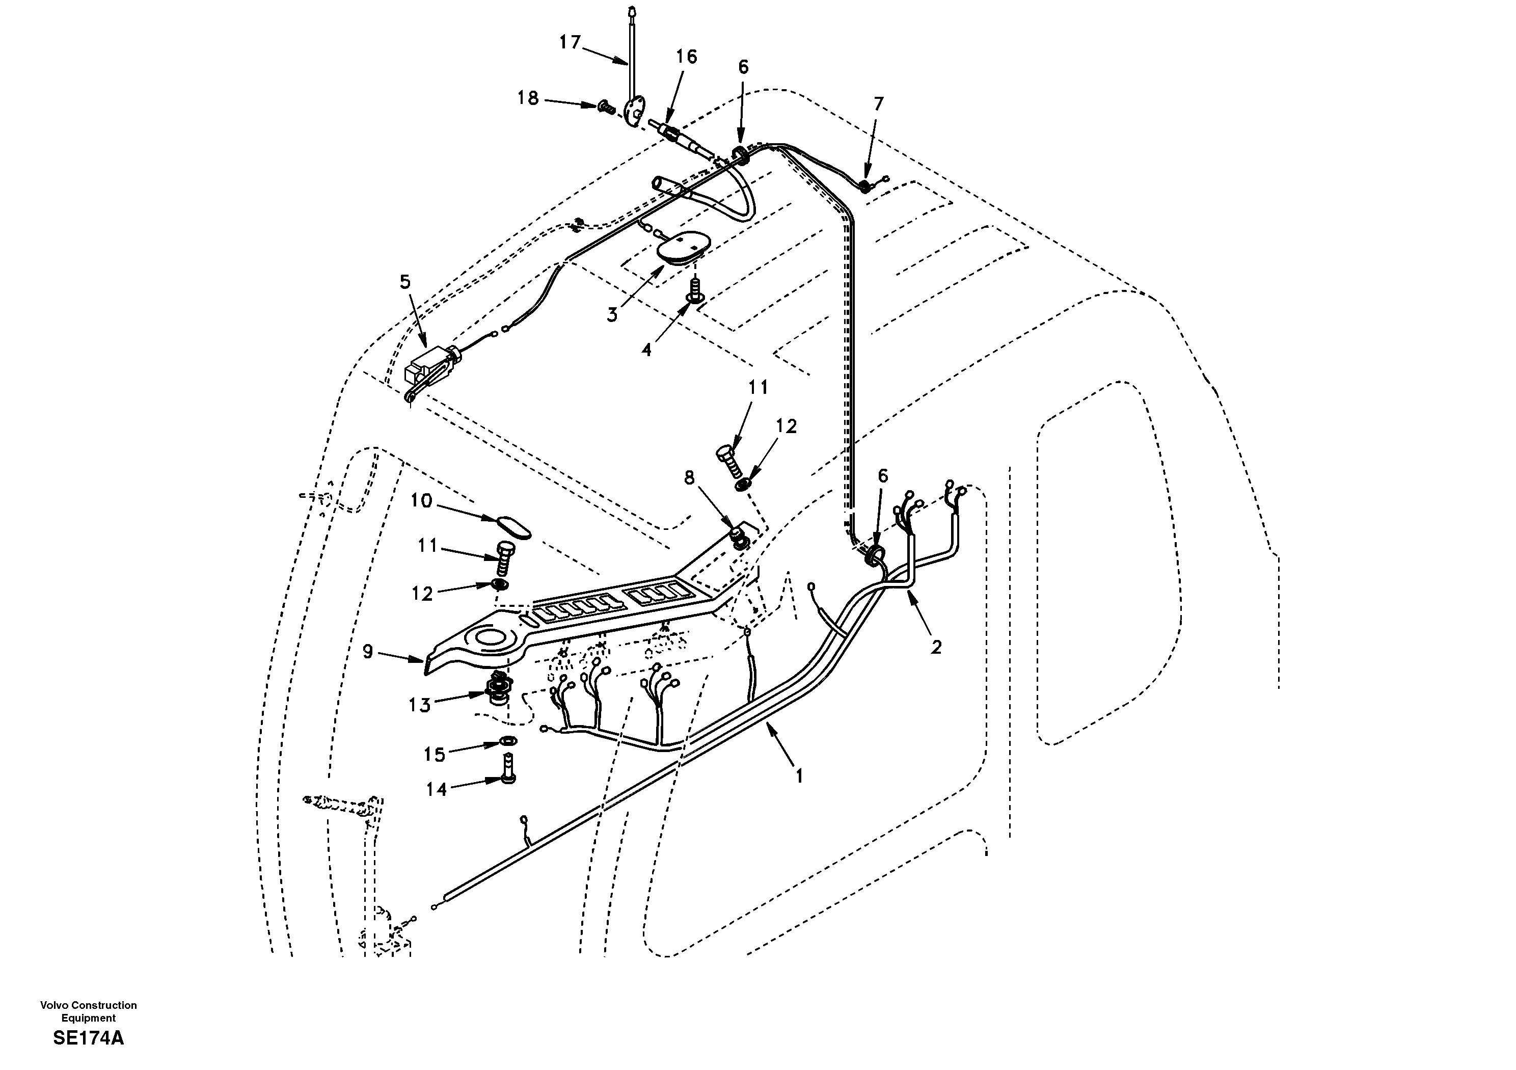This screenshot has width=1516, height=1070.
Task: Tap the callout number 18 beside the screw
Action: click(x=528, y=98)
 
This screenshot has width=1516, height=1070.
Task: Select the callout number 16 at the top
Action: click(x=686, y=57)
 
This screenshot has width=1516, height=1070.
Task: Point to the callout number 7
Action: click(x=878, y=104)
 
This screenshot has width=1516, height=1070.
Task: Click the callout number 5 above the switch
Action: click(x=405, y=282)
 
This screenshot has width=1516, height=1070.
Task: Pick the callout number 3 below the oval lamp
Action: click(x=612, y=315)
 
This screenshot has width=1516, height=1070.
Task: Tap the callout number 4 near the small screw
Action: click(x=646, y=350)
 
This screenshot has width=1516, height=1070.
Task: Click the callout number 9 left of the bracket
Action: click(x=368, y=651)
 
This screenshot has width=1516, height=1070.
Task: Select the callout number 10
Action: click(x=421, y=501)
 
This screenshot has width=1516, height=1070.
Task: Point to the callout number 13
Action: click(x=419, y=705)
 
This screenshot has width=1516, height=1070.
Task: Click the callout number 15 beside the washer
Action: click(x=435, y=754)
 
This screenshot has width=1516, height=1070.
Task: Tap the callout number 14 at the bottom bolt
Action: click(x=437, y=789)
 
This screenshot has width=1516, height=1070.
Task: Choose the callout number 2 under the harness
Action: click(x=936, y=647)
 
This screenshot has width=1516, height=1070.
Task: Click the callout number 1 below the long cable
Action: click(x=799, y=776)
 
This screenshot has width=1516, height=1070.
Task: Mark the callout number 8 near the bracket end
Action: click(x=689, y=477)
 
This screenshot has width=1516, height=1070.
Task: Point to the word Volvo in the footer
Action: click(x=54, y=1005)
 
